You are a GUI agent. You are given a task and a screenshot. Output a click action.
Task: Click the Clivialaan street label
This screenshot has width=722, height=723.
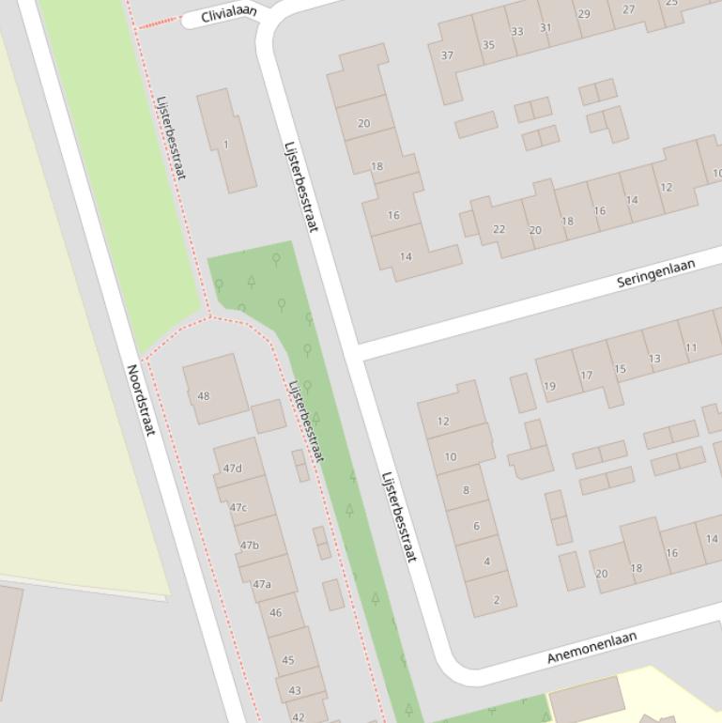229,15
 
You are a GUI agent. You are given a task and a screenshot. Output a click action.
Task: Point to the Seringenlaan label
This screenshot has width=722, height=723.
656,272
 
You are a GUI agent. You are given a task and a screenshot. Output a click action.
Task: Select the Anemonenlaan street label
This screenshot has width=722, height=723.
591,647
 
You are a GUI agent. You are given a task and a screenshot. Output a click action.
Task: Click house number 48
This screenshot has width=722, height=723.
204,395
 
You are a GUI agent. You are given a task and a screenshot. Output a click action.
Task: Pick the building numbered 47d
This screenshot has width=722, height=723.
232,469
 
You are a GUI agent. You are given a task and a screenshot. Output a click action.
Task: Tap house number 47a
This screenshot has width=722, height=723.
261,584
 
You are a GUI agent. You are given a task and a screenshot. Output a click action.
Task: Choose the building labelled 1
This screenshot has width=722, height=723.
225,145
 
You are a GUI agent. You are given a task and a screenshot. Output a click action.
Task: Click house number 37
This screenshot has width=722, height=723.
448,55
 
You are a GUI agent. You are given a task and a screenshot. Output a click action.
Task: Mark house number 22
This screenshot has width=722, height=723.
499,229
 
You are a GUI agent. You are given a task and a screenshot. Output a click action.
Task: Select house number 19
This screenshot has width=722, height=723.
549,386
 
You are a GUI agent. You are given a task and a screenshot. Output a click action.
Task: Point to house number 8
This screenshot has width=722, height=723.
466,490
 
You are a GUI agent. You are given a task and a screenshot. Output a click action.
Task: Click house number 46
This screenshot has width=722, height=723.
275,612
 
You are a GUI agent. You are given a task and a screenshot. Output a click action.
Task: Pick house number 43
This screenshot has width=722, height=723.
295,690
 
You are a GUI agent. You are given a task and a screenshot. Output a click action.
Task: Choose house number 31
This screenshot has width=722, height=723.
545,27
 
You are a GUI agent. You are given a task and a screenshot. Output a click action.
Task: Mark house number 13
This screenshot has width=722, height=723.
654,358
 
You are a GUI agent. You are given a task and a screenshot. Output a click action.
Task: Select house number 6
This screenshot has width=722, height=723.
476,526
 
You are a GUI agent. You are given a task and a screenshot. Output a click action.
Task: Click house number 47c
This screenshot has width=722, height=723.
238,508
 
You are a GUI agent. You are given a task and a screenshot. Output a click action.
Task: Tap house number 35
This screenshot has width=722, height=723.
488,44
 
